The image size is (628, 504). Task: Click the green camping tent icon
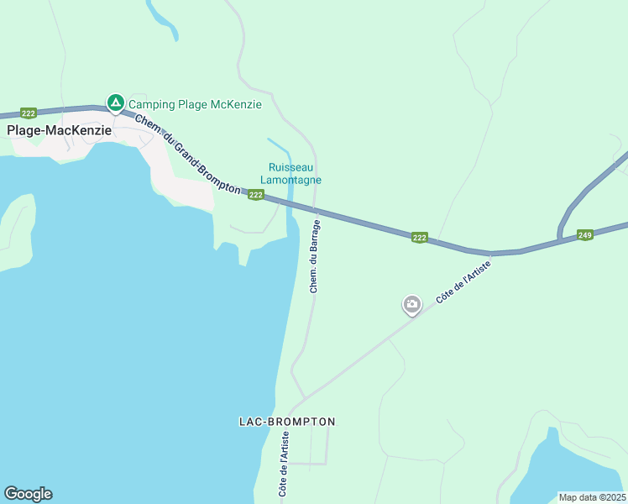pyautogui.click(x=115, y=103)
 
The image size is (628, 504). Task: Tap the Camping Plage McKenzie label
pyautogui.click(x=194, y=104)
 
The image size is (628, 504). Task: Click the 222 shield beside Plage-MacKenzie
pyautogui.click(x=29, y=113)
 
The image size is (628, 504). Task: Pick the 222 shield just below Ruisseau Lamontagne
pyautogui.click(x=256, y=195)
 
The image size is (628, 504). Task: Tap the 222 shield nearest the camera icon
pyautogui.click(x=420, y=239)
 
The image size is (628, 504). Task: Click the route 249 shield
pyautogui.click(x=586, y=236)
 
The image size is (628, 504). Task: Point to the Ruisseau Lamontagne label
pyautogui.click(x=295, y=173)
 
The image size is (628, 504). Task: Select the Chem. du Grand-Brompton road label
pyautogui.click(x=187, y=155)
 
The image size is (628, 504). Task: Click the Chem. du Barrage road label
pyautogui.click(x=315, y=255)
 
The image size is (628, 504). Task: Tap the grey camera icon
pyautogui.click(x=411, y=304)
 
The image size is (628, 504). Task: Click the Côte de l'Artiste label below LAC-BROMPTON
pyautogui.click(x=284, y=464)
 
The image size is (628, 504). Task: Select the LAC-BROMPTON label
pyautogui.click(x=287, y=422)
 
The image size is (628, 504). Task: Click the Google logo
pyautogui.click(x=28, y=494)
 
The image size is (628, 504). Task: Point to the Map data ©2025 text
pyautogui.click(x=592, y=497)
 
